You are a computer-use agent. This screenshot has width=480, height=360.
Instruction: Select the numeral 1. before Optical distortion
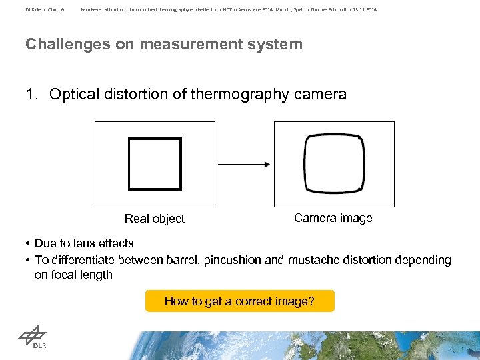33,94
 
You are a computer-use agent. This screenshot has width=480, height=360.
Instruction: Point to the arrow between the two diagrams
243,164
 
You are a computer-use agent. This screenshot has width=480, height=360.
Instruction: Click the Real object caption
155,219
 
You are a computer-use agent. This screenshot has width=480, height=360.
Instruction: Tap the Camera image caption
333,218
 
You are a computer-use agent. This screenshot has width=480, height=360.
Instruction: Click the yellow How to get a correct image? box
239,301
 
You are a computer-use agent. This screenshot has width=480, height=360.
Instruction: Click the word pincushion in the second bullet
234,260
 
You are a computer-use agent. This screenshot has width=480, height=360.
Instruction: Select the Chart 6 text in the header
55,10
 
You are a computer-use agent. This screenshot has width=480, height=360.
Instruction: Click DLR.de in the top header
33,10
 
